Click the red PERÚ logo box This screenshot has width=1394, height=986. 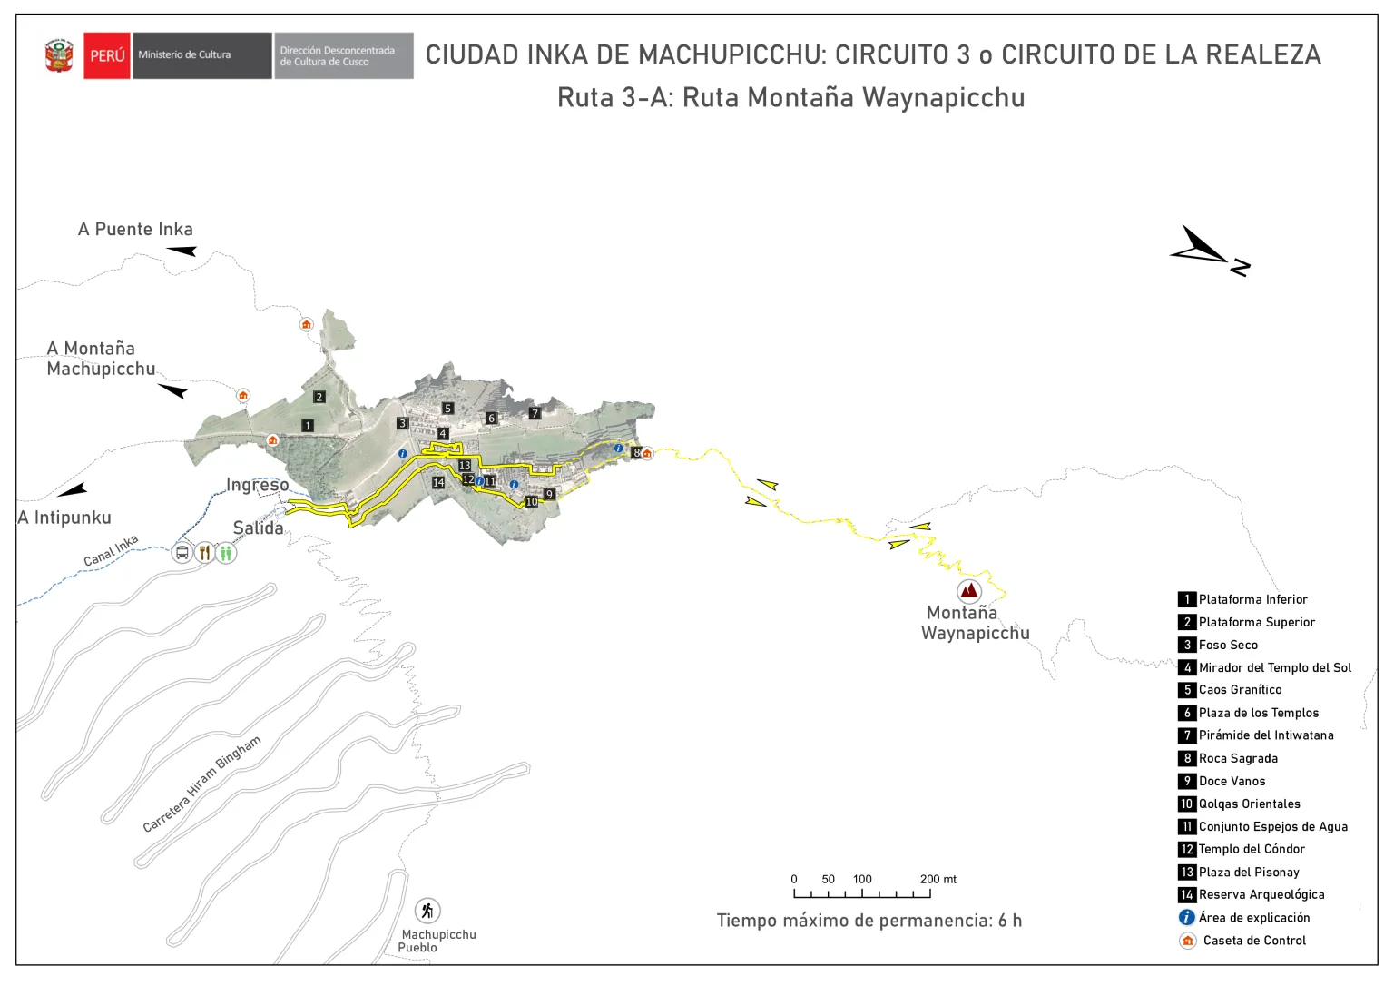pos(107,55)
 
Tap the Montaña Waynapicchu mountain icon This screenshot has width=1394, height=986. pos(969,592)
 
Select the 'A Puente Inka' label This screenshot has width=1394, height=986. pos(135,230)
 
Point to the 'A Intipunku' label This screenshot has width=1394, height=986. pos(64,518)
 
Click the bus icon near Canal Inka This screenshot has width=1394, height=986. pos(182,552)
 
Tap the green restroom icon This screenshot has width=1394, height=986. pos(226,552)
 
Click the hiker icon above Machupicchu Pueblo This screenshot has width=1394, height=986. pos(427,910)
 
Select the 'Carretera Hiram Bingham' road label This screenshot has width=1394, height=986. pos(201,784)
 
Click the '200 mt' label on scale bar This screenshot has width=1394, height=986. pos(938,879)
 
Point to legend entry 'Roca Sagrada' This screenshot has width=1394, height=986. pos(1237,758)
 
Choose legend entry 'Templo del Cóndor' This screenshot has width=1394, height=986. pos(1251,849)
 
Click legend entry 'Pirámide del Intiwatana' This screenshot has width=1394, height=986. pos(1265,735)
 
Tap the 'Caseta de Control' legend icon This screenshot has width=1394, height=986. pos(1187,941)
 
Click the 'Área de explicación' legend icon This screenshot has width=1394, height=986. pos(1186,918)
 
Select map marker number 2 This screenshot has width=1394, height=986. pos(319,397)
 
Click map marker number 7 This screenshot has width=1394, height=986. pos(535,413)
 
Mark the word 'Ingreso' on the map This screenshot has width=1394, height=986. pos(257,485)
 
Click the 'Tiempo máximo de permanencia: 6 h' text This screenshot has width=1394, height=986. pos(869,921)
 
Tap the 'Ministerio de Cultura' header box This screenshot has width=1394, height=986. pos(201,55)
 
